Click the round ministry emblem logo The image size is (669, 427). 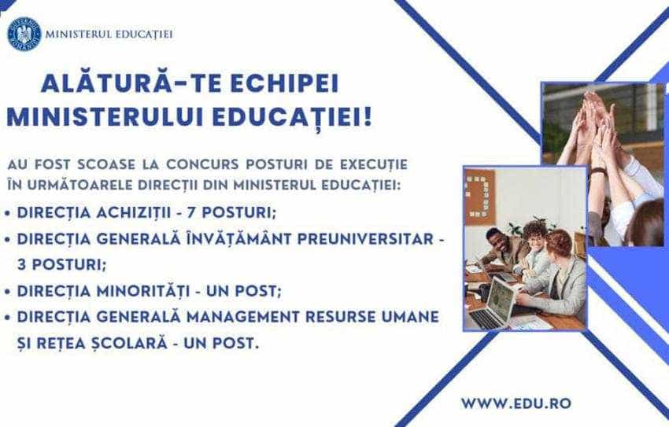(x=24, y=33)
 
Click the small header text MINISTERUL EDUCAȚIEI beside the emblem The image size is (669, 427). (x=109, y=34)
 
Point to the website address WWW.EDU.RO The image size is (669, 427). (x=516, y=403)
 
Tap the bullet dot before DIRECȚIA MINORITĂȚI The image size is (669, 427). (x=7, y=292)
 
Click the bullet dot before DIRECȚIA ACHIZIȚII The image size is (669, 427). (x=7, y=214)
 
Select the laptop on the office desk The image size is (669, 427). (x=492, y=303)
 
